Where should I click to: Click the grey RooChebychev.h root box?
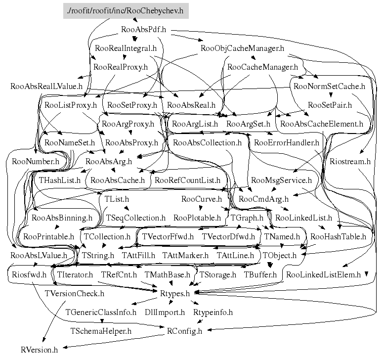(x=126, y=10)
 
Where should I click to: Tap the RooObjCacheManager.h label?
(x=243, y=48)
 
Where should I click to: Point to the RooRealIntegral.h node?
(x=126, y=48)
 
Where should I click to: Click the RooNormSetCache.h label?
(x=329, y=86)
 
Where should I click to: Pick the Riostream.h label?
(x=350, y=162)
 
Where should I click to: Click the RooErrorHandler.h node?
(x=287, y=143)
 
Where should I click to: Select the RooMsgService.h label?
(x=281, y=180)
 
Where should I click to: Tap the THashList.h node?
(x=59, y=180)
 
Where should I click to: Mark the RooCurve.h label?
(x=202, y=199)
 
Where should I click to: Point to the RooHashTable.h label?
(x=339, y=237)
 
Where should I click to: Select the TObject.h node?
(x=280, y=256)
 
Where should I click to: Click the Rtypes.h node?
(x=175, y=294)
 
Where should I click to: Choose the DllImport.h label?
(x=165, y=313)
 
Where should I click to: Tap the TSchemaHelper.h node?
(x=101, y=331)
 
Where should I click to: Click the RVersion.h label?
(x=39, y=350)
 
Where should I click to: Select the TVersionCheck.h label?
(x=74, y=294)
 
